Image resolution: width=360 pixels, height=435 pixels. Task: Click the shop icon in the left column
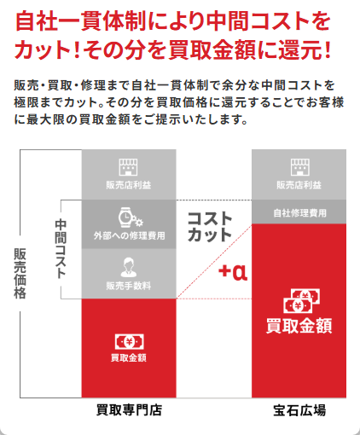pyautogui.click(x=128, y=167)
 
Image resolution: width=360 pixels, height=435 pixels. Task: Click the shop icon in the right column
pyautogui.click(x=300, y=167)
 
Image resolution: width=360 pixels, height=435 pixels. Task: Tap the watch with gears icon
pyautogui.click(x=131, y=217)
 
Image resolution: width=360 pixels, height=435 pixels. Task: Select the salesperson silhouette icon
pyautogui.click(x=129, y=267)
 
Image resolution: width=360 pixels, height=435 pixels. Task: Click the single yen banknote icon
pyautogui.click(x=130, y=342)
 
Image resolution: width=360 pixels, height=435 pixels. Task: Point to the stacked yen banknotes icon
pyautogui.click(x=301, y=301)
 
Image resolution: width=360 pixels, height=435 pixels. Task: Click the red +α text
pyautogui.click(x=233, y=272)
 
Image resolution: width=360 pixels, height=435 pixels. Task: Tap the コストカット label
pyautogui.click(x=210, y=227)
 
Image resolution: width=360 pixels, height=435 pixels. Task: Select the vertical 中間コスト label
pyautogui.click(x=61, y=248)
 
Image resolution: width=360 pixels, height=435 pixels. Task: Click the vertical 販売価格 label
pyautogui.click(x=20, y=274)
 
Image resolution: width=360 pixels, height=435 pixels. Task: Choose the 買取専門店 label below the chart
pyautogui.click(x=129, y=410)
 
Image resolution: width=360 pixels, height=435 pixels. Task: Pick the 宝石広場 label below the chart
pyautogui.click(x=299, y=410)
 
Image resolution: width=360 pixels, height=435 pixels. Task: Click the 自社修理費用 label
pyautogui.click(x=300, y=213)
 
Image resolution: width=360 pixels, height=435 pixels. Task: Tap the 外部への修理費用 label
pyautogui.click(x=130, y=235)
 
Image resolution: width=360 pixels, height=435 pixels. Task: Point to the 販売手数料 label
pyautogui.click(x=129, y=286)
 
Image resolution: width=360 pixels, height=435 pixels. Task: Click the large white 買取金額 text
pyautogui.click(x=299, y=326)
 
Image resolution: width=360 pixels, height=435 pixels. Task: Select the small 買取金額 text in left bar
pyautogui.click(x=129, y=357)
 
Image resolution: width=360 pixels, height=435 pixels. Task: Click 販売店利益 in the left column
pyautogui.click(x=129, y=185)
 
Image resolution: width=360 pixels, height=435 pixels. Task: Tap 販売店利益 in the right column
pyautogui.click(x=299, y=185)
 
